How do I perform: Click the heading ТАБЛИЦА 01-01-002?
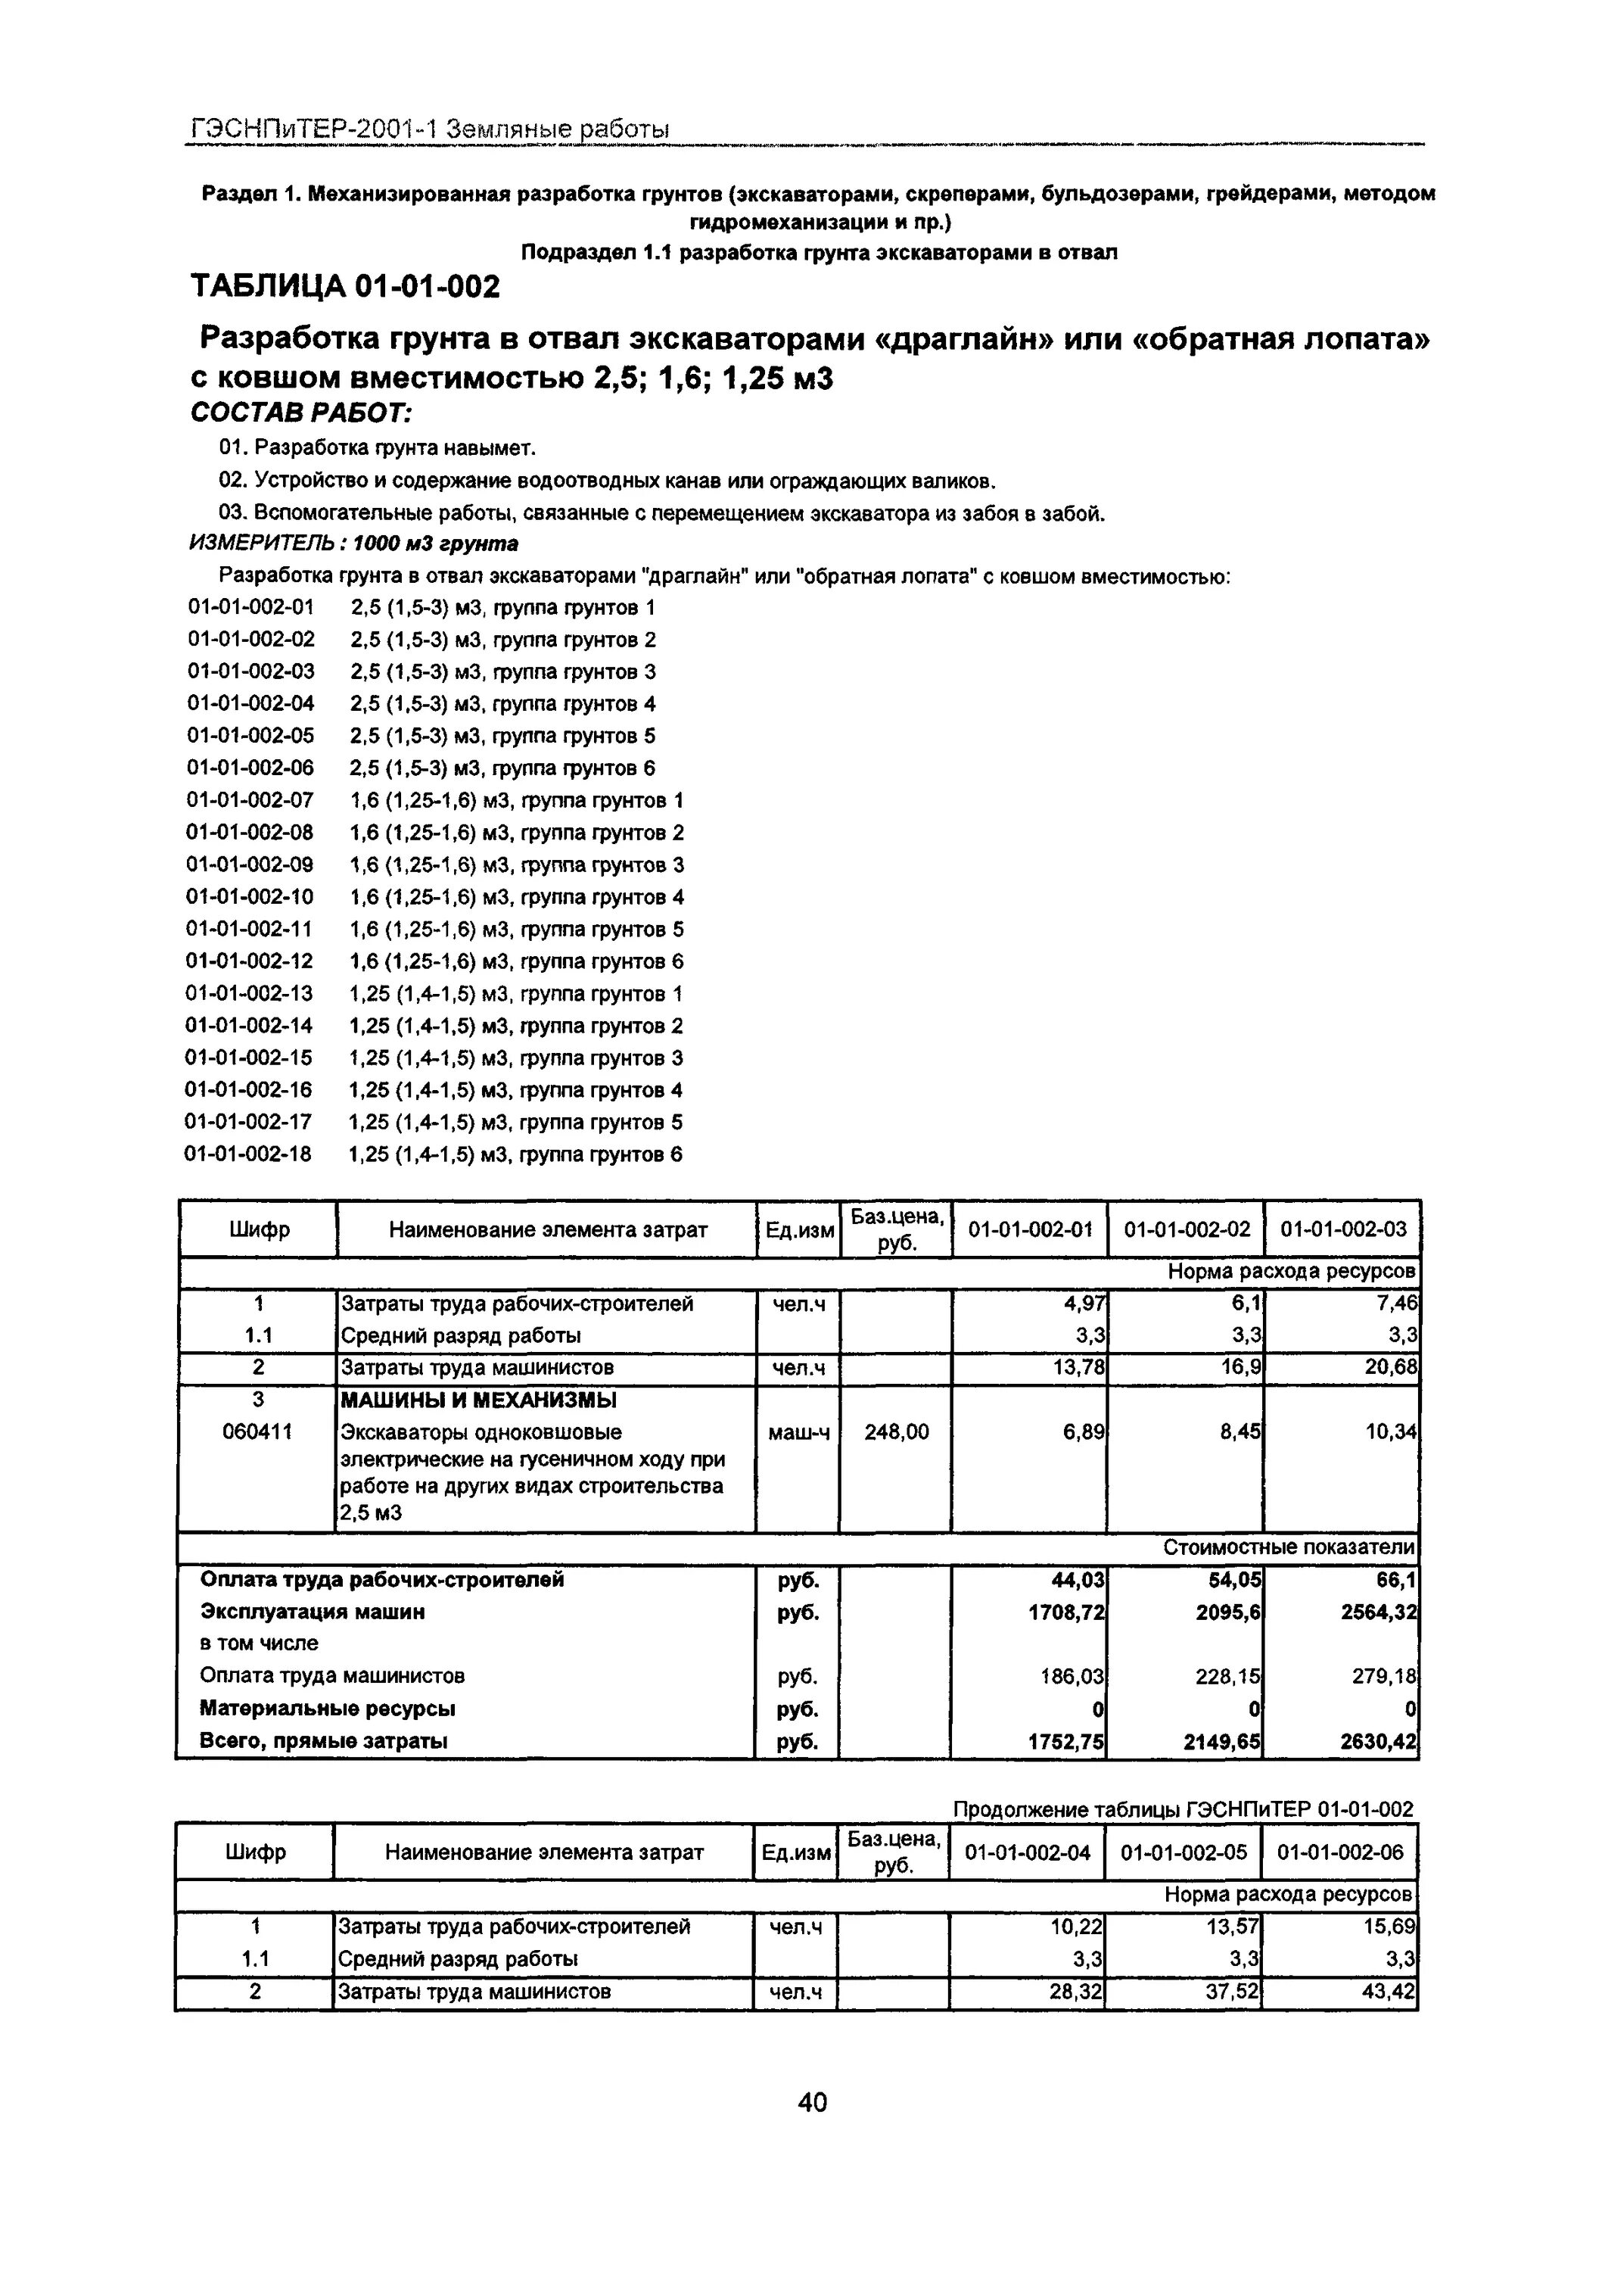tap(345, 287)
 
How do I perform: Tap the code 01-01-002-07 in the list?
tap(250, 800)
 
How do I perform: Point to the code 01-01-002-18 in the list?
tap(248, 1154)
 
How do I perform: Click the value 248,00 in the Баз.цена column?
tap(896, 1432)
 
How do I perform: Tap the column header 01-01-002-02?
tap(1186, 1229)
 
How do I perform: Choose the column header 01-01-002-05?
tap(1183, 1852)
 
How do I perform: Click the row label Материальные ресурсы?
tap(328, 1709)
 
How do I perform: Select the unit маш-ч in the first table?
tap(798, 1432)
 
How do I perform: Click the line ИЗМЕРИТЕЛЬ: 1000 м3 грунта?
tap(353, 544)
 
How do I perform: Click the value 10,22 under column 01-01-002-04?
tap(1077, 1927)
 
